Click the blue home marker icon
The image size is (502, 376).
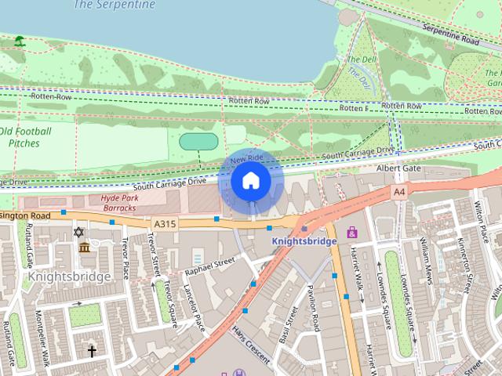point(250,181)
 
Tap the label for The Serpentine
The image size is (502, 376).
point(114,5)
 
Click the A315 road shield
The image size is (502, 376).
point(166,224)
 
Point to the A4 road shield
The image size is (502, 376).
point(400,191)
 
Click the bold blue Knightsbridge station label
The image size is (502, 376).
point(304,241)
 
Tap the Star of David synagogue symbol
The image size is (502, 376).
point(78,232)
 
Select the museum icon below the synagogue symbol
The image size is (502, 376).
point(84,248)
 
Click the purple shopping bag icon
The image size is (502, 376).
point(352,232)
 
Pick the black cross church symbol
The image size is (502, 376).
point(92,352)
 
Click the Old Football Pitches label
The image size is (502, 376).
point(24,137)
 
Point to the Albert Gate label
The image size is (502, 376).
point(398,168)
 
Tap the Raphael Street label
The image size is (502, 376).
point(209,266)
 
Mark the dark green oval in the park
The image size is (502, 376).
point(198,141)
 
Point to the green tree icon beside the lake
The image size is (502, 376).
point(19,40)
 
